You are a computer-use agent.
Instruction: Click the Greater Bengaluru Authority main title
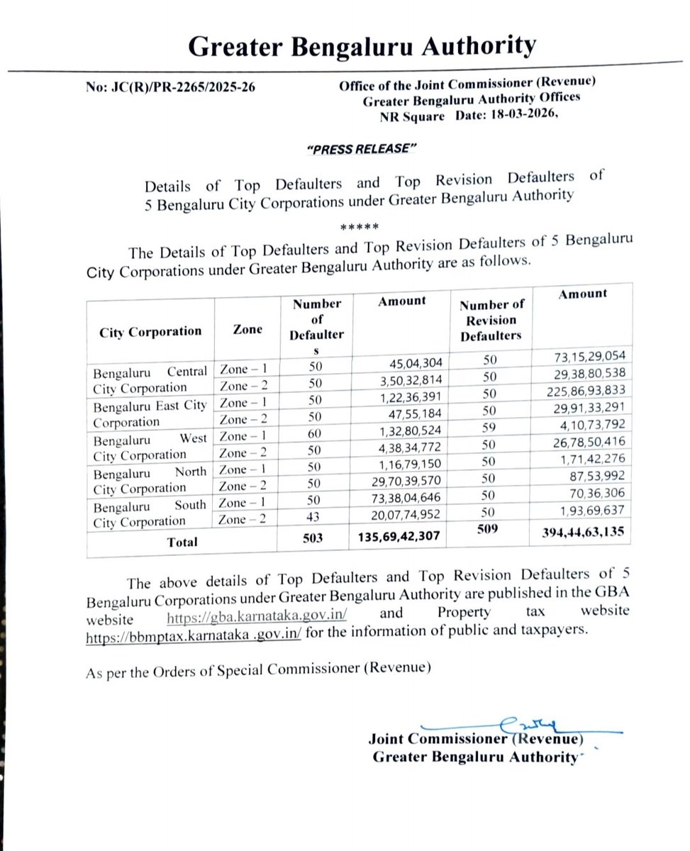(x=362, y=47)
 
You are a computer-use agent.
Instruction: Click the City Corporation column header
(x=150, y=331)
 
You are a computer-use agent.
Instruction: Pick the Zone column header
(x=247, y=329)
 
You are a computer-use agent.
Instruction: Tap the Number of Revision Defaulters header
(x=491, y=320)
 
